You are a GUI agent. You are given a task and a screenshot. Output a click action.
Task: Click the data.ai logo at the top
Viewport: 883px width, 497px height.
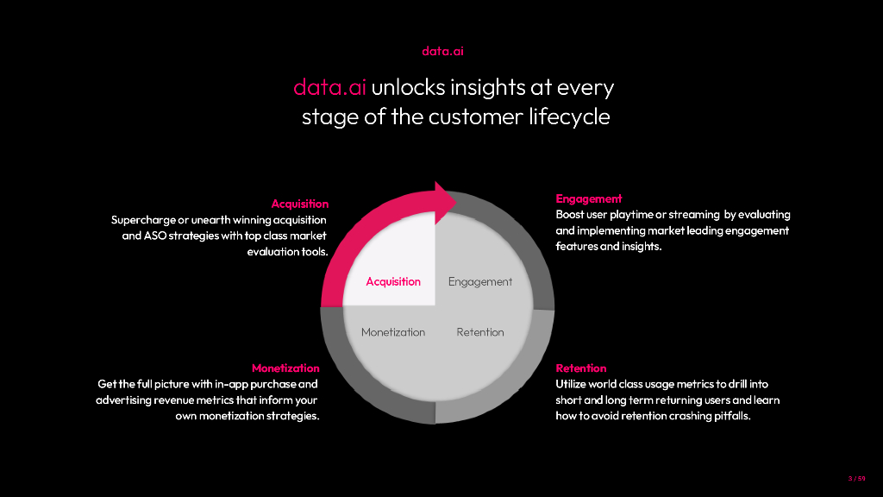443,51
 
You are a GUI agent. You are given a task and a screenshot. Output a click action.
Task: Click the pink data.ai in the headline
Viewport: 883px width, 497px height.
329,88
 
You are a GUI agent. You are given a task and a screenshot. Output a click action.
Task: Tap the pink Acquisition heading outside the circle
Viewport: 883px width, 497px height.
299,204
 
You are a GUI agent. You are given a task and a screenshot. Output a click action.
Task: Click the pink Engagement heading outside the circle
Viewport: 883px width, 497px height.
589,199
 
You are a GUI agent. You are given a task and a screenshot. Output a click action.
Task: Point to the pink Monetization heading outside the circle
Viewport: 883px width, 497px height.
285,368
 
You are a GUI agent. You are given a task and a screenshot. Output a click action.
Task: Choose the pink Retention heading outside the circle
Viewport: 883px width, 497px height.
581,368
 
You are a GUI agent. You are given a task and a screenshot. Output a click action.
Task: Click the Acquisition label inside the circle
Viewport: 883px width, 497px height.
393,281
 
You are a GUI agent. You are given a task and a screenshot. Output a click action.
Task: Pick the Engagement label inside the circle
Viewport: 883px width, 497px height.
480,281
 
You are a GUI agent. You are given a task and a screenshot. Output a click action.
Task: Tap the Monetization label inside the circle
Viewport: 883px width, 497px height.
393,332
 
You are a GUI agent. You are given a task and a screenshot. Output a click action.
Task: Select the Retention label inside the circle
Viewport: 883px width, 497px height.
480,332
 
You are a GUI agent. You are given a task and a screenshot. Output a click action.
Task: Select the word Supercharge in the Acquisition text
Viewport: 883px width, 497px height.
144,220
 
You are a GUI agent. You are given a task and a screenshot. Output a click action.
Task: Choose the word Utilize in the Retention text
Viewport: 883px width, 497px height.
573,384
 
